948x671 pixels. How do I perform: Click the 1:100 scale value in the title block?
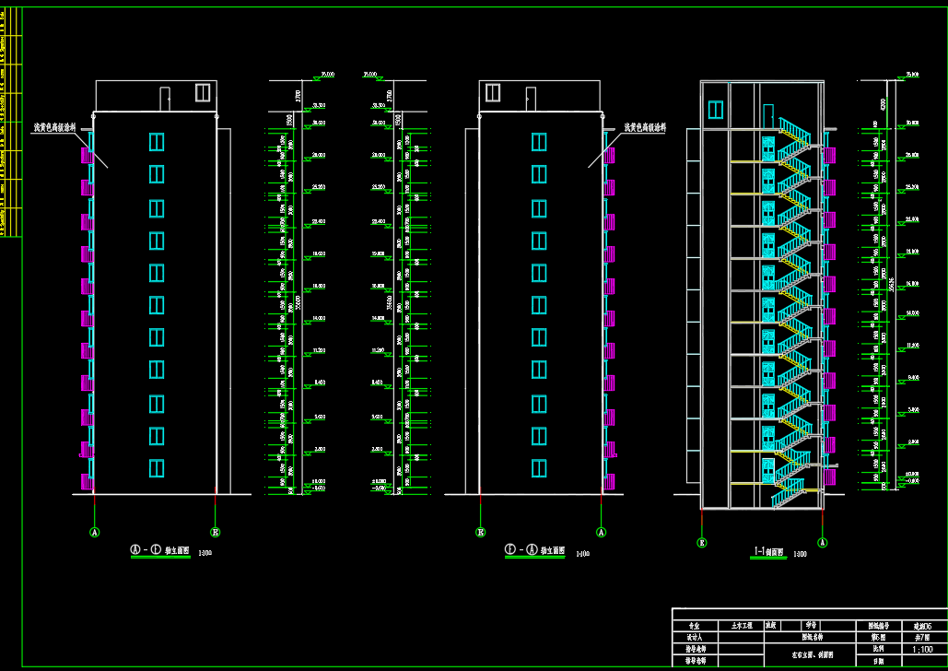[920, 649]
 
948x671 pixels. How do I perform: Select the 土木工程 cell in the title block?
[735, 624]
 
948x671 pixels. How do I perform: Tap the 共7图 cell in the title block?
[920, 637]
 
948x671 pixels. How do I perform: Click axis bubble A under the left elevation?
[94, 532]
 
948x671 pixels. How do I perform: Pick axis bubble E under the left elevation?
[216, 532]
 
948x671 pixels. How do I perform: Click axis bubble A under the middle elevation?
[602, 532]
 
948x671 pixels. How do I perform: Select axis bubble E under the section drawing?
[702, 543]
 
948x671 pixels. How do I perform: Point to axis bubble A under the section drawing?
[823, 543]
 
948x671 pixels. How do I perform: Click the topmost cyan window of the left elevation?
[157, 141]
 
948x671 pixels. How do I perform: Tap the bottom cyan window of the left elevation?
[157, 468]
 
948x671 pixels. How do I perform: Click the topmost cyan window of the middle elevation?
[538, 141]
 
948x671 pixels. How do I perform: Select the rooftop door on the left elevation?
[165, 99]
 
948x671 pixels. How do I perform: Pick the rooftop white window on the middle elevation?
[493, 92]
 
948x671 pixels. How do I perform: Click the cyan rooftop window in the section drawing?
[716, 110]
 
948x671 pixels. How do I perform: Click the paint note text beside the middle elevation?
[645, 128]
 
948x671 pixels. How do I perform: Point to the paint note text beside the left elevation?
[53, 128]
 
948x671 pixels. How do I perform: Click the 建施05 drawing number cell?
[920, 625]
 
